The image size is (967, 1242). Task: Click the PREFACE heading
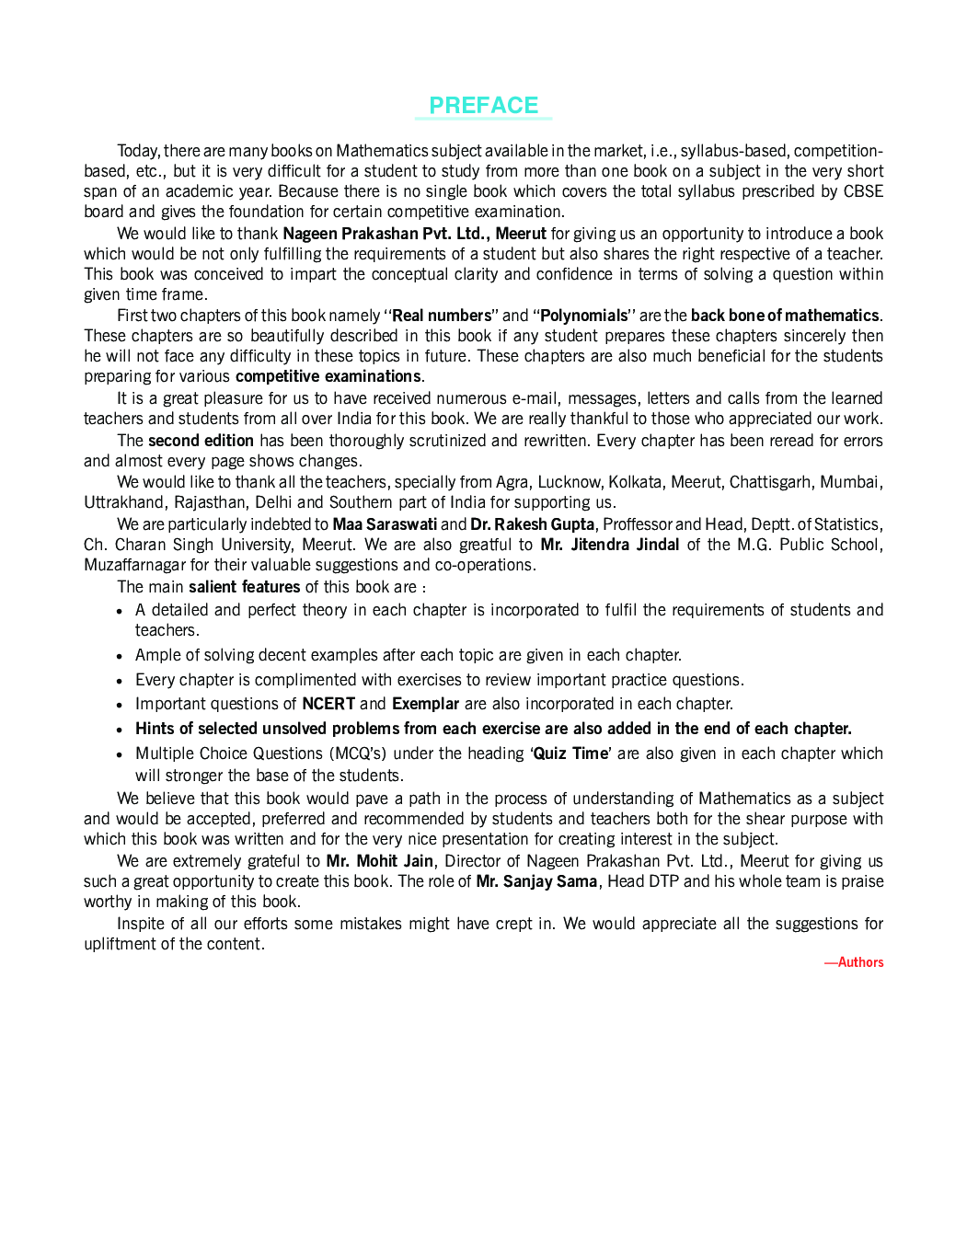[483, 106]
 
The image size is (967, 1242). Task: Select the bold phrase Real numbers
[442, 316]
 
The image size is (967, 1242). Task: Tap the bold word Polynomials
[583, 316]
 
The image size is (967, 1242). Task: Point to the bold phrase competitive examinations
[328, 376]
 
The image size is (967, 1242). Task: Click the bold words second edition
[201, 441]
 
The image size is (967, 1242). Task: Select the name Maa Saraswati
[385, 524]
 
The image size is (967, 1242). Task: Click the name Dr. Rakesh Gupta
[532, 524]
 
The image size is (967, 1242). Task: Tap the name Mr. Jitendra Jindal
[609, 545]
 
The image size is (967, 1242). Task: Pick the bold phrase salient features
[244, 587]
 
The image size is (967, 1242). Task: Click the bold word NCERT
[328, 704]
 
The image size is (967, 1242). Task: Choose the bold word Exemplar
[425, 704]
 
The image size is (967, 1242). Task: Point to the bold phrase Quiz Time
[570, 753]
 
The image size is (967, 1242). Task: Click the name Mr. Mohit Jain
[379, 861]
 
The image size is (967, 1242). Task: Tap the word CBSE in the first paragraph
[863, 191]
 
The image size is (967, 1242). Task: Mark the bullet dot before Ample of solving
[120, 656]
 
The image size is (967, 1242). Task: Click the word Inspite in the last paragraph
[144, 924]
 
